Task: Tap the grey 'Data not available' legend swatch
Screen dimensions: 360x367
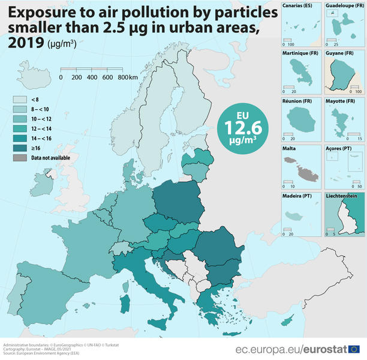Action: pos(20,158)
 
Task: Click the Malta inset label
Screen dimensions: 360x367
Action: pos(290,148)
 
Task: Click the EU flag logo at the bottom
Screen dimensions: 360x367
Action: pos(354,349)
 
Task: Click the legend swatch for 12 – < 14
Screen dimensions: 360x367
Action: pos(20,129)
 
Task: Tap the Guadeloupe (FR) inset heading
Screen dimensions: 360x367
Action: pos(344,5)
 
